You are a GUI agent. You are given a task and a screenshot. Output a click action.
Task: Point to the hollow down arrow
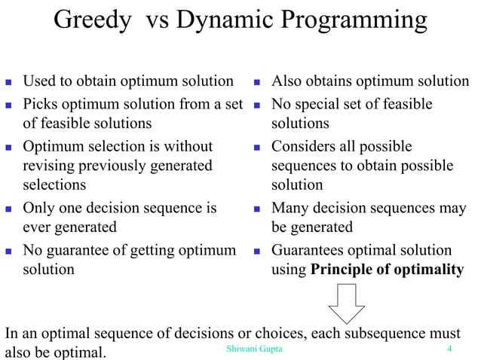(x=346, y=304)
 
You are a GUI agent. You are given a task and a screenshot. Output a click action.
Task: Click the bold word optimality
(x=430, y=270)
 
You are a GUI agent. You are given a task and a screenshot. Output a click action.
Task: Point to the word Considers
(x=302, y=145)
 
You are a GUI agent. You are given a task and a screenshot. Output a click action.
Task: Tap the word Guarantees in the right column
(x=310, y=250)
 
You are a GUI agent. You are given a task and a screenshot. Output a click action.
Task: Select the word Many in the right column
(x=290, y=208)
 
